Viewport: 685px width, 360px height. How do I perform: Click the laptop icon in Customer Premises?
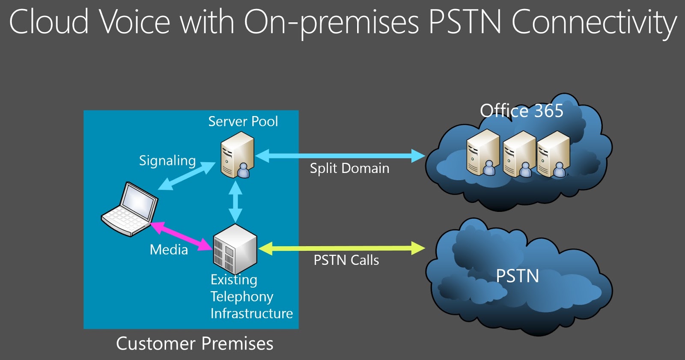tap(130, 209)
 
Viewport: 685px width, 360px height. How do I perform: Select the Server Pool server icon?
tap(238, 155)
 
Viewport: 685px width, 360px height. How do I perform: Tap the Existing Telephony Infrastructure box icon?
tap(235, 249)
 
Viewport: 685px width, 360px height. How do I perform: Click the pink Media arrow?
tap(182, 236)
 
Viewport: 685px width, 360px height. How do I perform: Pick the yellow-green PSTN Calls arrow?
tap(342, 248)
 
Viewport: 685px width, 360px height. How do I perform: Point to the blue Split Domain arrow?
tap(340, 156)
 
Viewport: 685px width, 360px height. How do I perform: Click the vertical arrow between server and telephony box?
tap(235, 202)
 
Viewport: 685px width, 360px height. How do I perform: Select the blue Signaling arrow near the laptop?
tap(187, 176)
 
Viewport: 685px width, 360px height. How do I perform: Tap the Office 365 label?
tap(521, 110)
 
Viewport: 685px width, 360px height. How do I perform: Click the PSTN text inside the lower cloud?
tap(517, 276)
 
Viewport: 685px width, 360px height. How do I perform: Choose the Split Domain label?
tap(349, 168)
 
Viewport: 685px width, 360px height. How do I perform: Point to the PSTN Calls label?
tap(346, 260)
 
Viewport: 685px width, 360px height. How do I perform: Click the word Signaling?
tap(167, 161)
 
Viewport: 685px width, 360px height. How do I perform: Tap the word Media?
tap(169, 250)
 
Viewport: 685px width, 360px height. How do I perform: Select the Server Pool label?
tap(243, 122)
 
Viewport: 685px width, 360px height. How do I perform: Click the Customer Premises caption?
tap(194, 343)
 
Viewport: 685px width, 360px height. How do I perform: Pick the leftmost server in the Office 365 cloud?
tap(483, 153)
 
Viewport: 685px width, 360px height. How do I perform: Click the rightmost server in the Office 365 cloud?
tap(554, 154)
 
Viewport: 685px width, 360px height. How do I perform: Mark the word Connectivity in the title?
tap(594, 22)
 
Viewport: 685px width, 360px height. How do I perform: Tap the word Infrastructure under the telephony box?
tap(252, 313)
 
